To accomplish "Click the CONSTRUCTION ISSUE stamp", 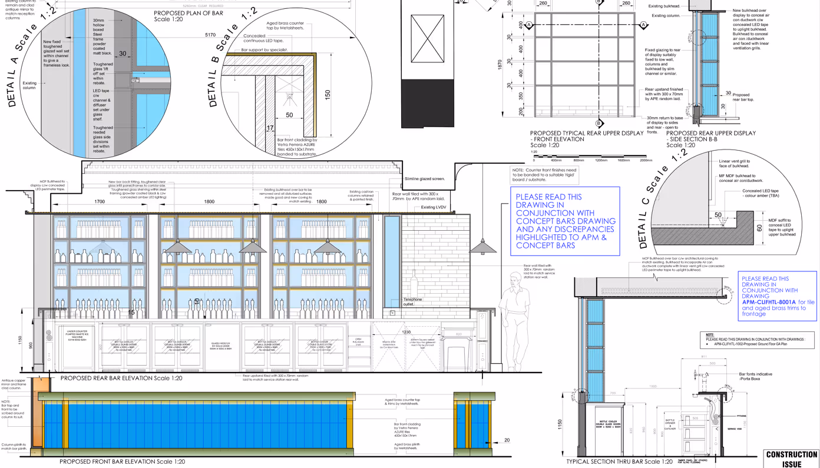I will [791, 459].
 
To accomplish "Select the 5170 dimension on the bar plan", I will [210, 35].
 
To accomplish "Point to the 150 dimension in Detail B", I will [328, 94].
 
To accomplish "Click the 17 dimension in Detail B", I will [270, 128].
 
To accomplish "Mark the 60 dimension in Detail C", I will [760, 228].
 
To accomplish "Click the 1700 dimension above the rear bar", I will [100, 202].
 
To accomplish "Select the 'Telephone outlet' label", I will [412, 301].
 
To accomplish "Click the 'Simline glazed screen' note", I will [424, 178].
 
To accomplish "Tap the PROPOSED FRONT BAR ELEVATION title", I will [122, 462].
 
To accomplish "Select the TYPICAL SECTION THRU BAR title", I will [619, 462].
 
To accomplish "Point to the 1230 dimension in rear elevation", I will [406, 332].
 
